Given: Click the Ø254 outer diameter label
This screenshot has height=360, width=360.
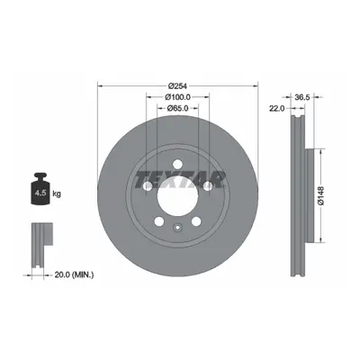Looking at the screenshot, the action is [177, 86].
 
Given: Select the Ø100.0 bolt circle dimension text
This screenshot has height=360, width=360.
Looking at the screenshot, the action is [177, 97].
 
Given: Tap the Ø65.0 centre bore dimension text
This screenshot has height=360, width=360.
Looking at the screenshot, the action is [177, 108].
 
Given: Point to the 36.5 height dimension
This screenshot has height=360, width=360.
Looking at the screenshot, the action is [303, 97].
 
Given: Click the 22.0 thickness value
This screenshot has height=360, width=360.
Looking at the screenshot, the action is [277, 109].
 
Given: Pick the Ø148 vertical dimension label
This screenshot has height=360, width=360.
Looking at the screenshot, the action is [321, 195].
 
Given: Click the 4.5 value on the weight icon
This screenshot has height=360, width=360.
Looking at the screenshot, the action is [40, 193].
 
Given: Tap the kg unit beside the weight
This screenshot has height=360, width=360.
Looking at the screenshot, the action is [57, 193].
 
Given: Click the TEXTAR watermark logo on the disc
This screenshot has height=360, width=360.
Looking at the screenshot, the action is [179, 180].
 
